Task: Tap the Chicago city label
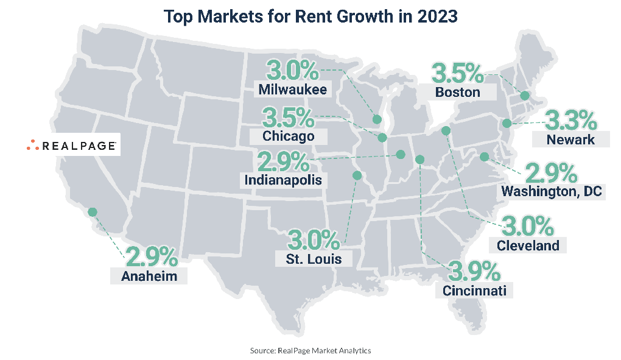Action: [289, 136]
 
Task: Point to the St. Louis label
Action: [314, 258]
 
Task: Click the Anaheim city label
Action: [149, 276]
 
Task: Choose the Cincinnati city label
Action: [475, 290]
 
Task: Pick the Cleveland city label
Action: [528, 245]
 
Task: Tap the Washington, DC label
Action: [552, 192]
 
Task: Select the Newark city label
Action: [570, 139]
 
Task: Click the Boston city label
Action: [458, 93]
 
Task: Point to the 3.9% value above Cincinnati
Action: [475, 270]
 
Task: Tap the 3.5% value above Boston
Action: [458, 73]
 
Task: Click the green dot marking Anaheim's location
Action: [92, 212]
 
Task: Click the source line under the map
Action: [310, 351]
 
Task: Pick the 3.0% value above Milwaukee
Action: [293, 71]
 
